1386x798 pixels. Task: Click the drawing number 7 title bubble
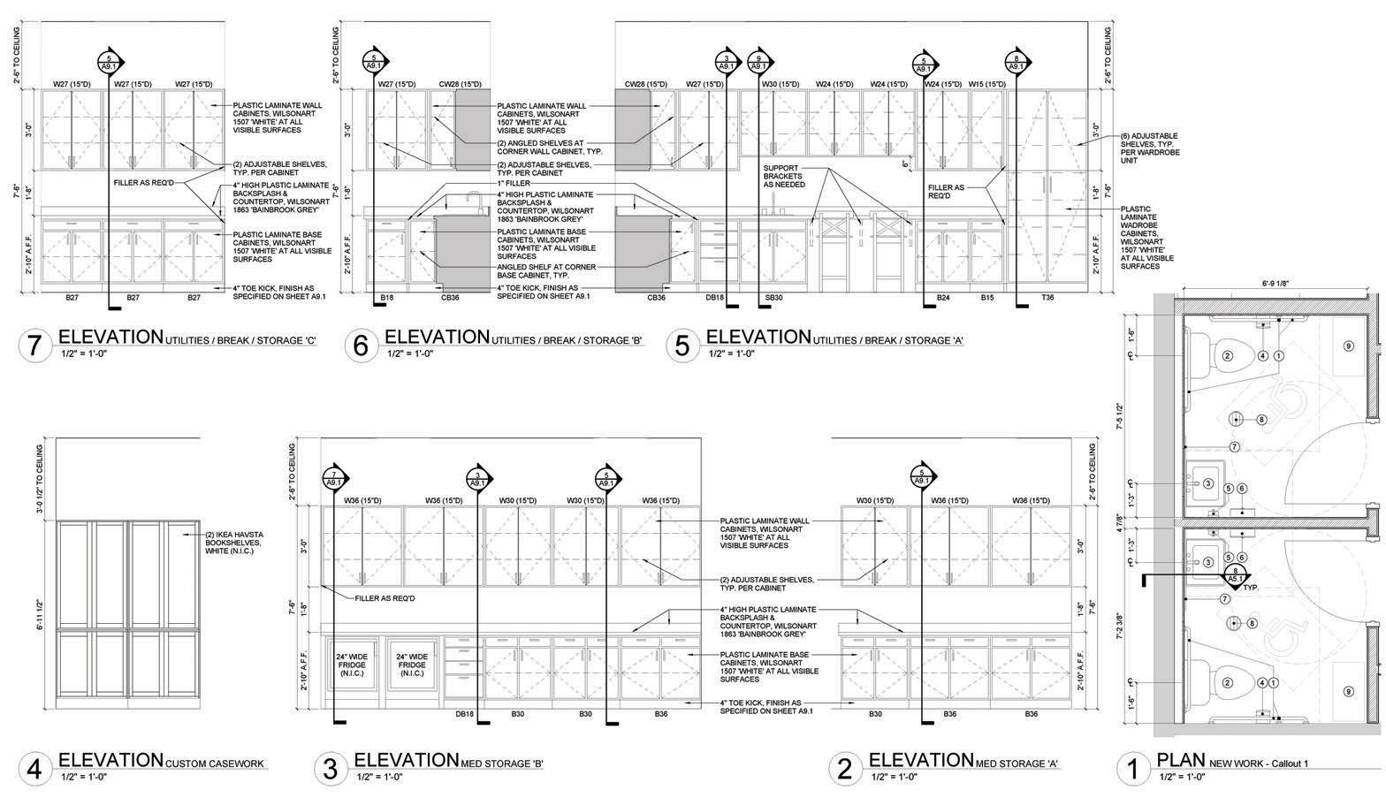coord(34,346)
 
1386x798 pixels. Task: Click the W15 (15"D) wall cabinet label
coord(987,84)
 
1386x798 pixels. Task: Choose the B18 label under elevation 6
coord(386,298)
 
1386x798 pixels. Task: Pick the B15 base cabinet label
coord(987,298)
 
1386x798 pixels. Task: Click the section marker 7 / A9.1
coord(333,478)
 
